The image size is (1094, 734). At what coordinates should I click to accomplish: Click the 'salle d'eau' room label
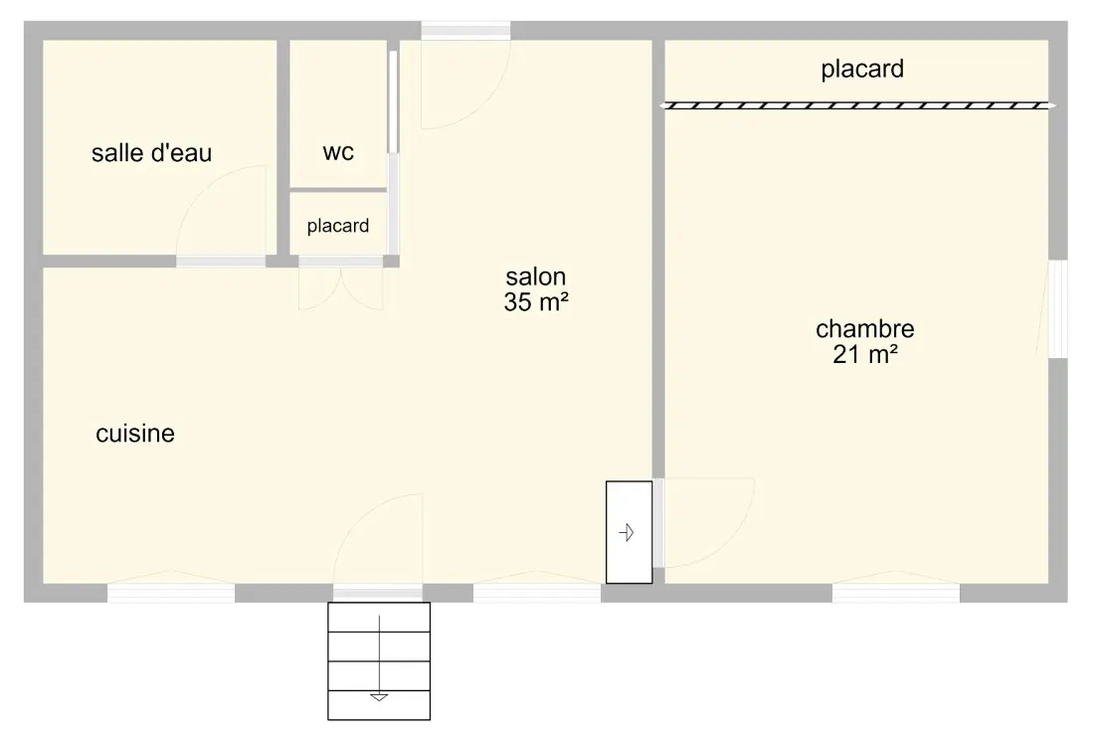[x=151, y=153]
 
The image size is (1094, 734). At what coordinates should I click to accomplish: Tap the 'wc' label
[x=338, y=152]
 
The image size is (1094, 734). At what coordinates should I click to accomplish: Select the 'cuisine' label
[x=135, y=434]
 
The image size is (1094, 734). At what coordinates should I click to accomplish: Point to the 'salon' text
[x=536, y=277]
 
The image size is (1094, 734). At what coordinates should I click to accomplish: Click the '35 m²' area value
[x=536, y=302]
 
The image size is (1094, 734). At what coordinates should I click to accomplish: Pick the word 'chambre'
[x=865, y=328]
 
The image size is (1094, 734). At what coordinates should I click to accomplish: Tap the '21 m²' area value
[x=865, y=354]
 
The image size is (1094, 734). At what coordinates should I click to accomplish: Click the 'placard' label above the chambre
[x=862, y=69]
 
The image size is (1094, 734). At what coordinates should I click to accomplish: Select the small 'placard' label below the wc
[x=338, y=226]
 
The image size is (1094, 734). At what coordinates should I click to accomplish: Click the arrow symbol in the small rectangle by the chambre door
[x=627, y=532]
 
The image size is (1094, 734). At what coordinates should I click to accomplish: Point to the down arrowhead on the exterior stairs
[x=379, y=697]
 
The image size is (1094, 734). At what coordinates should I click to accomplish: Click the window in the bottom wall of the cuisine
[x=171, y=593]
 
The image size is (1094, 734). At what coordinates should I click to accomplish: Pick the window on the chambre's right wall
[x=1058, y=309]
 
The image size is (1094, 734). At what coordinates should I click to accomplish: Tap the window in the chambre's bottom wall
[x=896, y=593]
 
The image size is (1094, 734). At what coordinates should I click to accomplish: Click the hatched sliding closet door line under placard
[x=857, y=106]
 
